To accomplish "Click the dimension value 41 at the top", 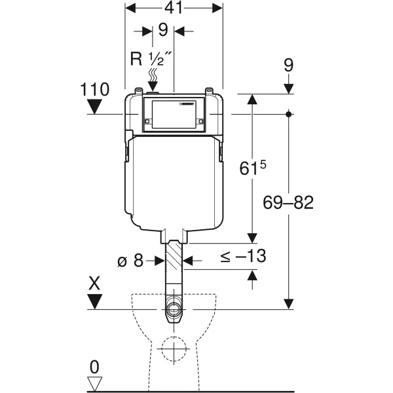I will (x=174, y=8).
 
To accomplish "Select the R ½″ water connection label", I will (x=151, y=60).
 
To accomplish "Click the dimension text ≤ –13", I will (x=242, y=256).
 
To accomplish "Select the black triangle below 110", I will (x=96, y=107).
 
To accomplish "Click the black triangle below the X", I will (x=96, y=302).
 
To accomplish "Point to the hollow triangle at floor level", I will (x=96, y=383).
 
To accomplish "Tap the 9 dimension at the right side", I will (x=289, y=65).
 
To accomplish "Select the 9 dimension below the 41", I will (x=162, y=29).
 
